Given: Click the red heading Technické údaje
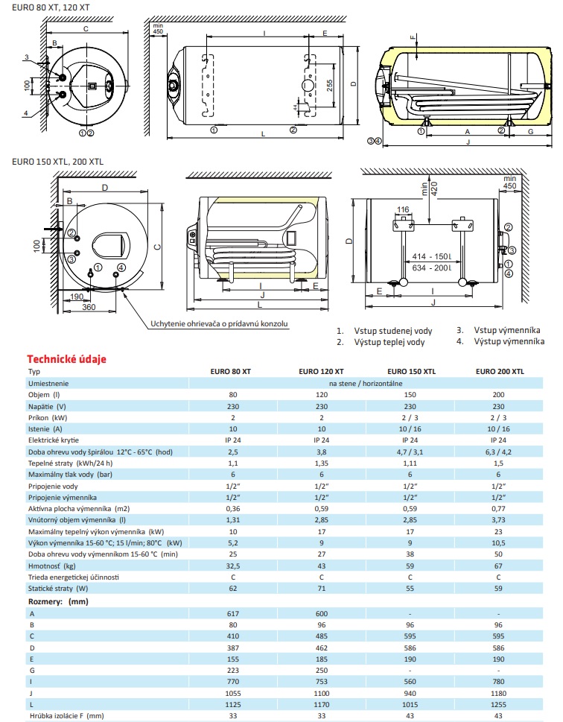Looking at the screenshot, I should click(66, 358).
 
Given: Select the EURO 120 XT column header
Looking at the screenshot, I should click(321, 371).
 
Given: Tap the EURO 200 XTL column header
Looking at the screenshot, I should click(499, 371).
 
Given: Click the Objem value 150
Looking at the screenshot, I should click(410, 394).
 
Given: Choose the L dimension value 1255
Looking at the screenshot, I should click(499, 704).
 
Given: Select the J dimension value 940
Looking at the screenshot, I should click(410, 693).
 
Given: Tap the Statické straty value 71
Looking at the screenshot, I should click(321, 589).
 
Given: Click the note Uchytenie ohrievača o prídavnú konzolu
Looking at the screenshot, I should click(219, 323).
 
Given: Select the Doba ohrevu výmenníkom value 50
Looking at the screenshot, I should click(499, 555).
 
